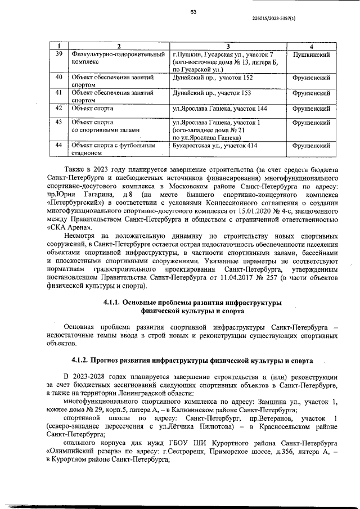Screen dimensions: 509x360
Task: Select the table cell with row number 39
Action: pyautogui.click(x=59, y=54)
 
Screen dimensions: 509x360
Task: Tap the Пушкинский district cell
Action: pyautogui.click(x=311, y=54)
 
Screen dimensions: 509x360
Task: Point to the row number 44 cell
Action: pyautogui.click(x=59, y=145)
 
